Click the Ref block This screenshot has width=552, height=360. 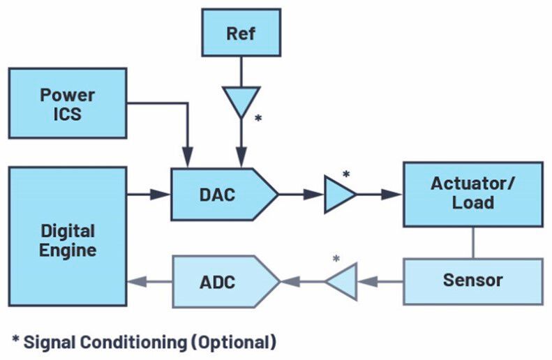(x=241, y=33)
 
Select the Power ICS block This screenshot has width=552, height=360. (x=67, y=104)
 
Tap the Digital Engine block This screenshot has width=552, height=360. (x=68, y=235)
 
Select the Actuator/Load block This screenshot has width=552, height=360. (x=472, y=194)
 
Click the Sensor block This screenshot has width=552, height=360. (x=472, y=280)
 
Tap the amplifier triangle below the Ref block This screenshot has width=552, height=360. (x=241, y=100)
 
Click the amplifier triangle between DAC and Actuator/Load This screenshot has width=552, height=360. (x=338, y=195)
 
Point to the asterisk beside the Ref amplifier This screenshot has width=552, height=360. (x=258, y=119)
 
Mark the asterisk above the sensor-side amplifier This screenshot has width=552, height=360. (x=336, y=260)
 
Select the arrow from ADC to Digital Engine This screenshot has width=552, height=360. (x=149, y=283)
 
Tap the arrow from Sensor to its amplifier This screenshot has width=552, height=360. (x=381, y=283)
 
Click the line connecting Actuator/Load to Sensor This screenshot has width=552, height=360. (x=472, y=242)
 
